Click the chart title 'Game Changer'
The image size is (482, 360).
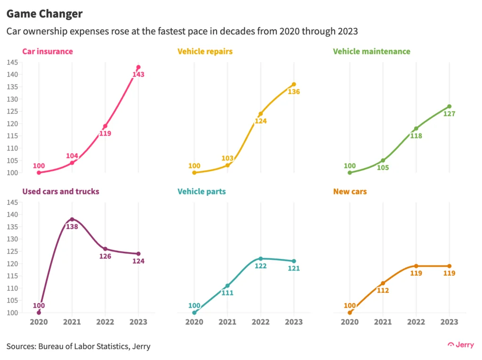click(x=44, y=14)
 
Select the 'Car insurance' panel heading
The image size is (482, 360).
click(x=48, y=51)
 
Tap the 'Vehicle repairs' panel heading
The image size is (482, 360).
click(x=205, y=51)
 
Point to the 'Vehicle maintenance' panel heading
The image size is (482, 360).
click(x=371, y=51)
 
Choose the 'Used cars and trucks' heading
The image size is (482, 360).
click(x=61, y=192)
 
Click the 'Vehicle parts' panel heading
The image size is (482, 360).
click(x=201, y=192)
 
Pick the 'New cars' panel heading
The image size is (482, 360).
click(x=350, y=192)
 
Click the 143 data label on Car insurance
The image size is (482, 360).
click(x=138, y=74)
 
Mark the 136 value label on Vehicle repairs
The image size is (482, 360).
click(x=294, y=92)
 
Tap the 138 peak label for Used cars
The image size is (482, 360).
click(x=72, y=227)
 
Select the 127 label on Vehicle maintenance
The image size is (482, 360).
click(x=449, y=114)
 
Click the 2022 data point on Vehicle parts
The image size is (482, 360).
click(x=261, y=258)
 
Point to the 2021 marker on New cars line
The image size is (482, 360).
click(x=383, y=283)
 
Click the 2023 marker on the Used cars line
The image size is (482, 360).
click(x=138, y=254)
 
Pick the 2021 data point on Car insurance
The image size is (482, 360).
click(x=72, y=163)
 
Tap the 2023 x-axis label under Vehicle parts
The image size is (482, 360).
click(x=294, y=322)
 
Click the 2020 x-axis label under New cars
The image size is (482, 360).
click(x=350, y=322)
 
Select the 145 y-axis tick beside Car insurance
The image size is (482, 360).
click(x=12, y=63)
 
